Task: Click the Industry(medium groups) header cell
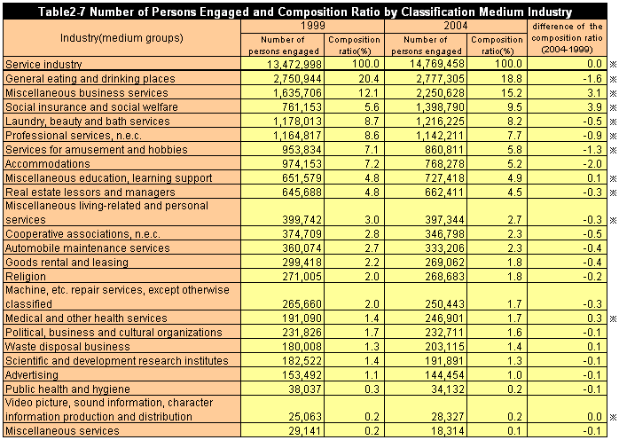(x=122, y=39)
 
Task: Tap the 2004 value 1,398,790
(x=433, y=106)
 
